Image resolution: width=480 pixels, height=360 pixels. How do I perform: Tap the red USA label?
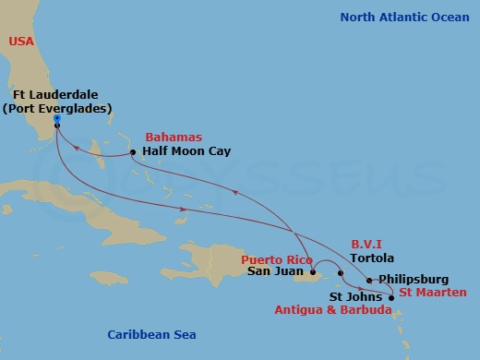pos(22,41)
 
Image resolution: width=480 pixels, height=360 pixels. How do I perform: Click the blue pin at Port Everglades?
pos(56,118)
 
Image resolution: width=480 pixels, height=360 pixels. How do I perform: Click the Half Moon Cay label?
pos(186,151)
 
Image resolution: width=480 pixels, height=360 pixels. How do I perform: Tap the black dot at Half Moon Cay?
pos(134,152)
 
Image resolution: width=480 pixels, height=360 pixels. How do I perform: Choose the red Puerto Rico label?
pos(277,259)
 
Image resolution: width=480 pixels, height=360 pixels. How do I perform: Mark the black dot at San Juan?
pos(315,273)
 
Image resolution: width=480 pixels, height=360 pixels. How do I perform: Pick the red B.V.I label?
pos(366,245)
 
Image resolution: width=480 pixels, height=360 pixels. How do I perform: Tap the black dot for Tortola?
pos(341,272)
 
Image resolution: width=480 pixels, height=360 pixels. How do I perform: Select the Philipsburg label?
pos(414,279)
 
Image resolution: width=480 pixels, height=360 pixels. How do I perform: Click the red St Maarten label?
pos(433,293)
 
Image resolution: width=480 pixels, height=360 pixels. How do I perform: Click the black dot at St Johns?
pos(391,297)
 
